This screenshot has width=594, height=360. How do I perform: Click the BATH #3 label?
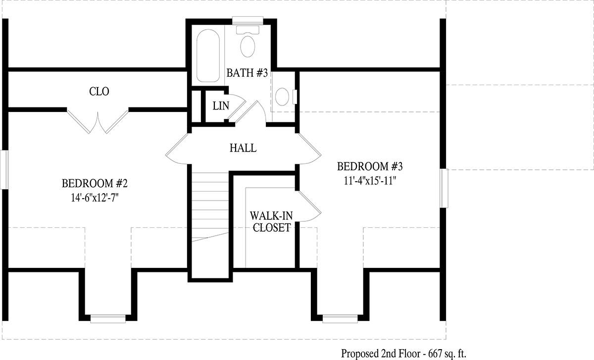tap(247, 73)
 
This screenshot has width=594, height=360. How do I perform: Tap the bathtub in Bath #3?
tap(208, 56)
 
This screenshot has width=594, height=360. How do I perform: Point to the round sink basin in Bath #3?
tap(282, 97)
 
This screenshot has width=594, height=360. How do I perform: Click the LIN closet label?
tap(221, 106)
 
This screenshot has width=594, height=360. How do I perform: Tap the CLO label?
tap(99, 92)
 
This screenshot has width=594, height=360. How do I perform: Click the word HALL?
tap(243, 148)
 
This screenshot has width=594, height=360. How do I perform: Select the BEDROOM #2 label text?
tap(95, 183)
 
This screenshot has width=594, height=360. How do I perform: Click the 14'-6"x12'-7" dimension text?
tap(95, 198)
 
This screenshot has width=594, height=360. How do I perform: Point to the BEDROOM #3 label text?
tap(370, 166)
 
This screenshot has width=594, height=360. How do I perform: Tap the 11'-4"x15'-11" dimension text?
tap(370, 181)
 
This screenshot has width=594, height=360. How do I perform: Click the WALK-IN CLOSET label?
tap(272, 221)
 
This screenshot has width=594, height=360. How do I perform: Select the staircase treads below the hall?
tap(210, 207)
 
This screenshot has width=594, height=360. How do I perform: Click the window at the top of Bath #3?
tap(247, 21)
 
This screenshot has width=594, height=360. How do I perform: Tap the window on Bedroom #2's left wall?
tap(4, 170)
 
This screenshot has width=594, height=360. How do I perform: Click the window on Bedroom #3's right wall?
tap(444, 188)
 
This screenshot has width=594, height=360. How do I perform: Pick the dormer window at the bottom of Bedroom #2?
tap(108, 318)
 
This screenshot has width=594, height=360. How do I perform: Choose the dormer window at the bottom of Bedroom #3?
tap(340, 318)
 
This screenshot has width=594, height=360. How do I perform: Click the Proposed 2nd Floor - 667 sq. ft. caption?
tap(403, 354)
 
